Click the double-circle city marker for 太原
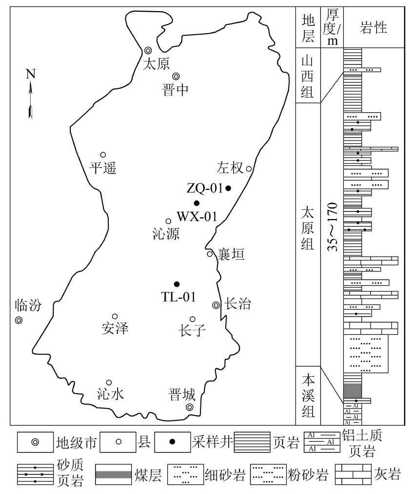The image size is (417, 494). tap(148, 51)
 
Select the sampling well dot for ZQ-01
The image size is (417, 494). tap(228, 188)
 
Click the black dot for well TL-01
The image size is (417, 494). tap(177, 284)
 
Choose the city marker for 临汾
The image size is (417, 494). tap(19, 321)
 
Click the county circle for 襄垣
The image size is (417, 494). tap(209, 254)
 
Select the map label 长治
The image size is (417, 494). tap(238, 305)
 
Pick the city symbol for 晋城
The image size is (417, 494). tap(190, 408)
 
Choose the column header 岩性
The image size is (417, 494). tap(373, 28)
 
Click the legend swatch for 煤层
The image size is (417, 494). tap(113, 474)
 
